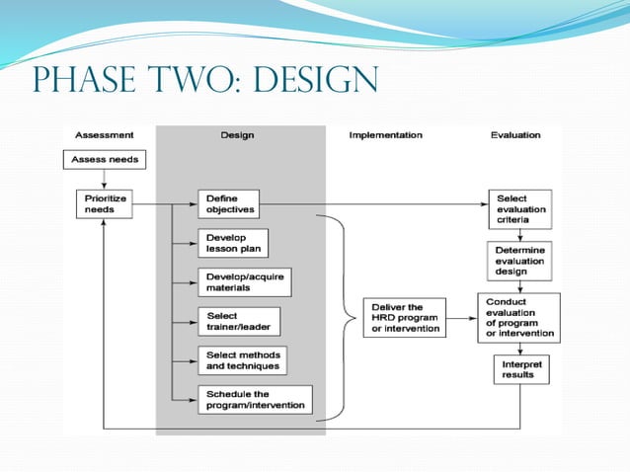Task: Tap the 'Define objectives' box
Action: (228, 203)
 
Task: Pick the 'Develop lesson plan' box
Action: (233, 243)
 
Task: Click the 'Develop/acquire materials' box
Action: (243, 281)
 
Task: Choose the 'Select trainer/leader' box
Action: (237, 321)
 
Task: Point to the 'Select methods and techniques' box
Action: (242, 360)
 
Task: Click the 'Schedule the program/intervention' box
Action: (255, 399)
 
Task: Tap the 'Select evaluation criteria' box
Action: (518, 209)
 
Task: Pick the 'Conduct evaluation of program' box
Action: (518, 317)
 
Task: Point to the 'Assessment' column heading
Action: (105, 134)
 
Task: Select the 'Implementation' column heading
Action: (385, 134)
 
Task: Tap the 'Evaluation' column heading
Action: (514, 134)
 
